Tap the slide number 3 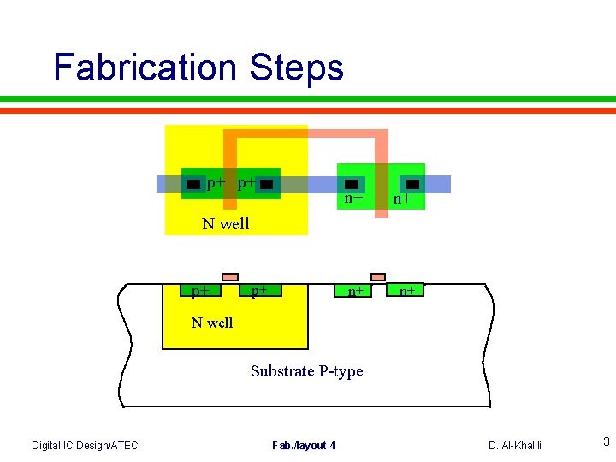tap(606, 442)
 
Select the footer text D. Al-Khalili tap(515, 445)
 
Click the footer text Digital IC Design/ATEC tap(84, 445)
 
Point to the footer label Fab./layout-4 tap(304, 445)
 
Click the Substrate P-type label tap(306, 371)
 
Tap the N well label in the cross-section tap(212, 323)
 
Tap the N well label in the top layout tap(226, 224)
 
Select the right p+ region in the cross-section tap(260, 291)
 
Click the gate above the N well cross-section tap(230, 276)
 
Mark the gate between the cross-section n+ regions tap(378, 276)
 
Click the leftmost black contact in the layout tap(194, 184)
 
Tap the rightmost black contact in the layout tap(412, 184)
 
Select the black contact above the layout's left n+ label tap(351, 184)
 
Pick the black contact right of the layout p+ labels tap(267, 184)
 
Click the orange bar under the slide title tap(308, 110)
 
